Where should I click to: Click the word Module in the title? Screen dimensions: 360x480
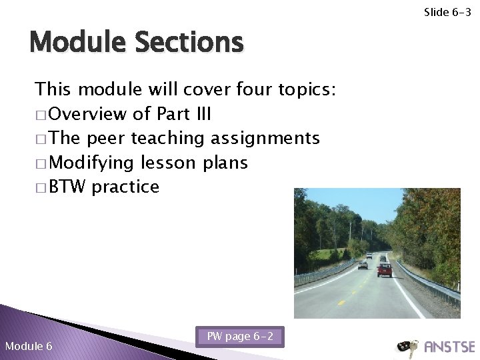pos(77,43)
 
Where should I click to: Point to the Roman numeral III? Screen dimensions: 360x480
pos(201,114)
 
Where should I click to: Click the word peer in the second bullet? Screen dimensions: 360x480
pos(107,138)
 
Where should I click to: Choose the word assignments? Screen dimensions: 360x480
pos(265,139)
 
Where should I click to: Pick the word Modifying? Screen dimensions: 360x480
pos(90,163)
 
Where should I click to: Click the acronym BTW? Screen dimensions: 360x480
pos(68,187)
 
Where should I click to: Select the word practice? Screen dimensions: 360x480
pos(126,187)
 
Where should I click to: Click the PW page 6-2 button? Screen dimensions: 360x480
pos(240,337)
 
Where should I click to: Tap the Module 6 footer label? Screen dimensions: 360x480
pos(29,346)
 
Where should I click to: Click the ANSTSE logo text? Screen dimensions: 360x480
pos(449,347)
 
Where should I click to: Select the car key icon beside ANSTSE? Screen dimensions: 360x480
pos(407,347)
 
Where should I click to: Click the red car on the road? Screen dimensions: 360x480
pos(385,269)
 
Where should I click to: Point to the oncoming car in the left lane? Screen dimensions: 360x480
pos(363,264)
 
